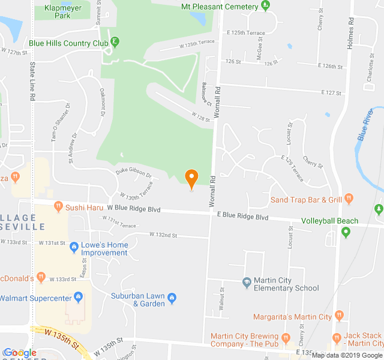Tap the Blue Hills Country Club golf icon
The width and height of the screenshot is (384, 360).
pyautogui.click(x=116, y=43)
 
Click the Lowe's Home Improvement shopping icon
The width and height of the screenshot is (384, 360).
pyautogui.click(x=74, y=246)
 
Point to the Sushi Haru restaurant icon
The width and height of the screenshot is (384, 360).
pyautogui.click(x=58, y=206)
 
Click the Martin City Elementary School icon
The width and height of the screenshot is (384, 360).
pyautogui.click(x=246, y=282)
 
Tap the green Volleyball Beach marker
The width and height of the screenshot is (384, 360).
pyautogui.click(x=346, y=232)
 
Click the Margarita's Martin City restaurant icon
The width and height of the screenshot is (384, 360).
pyautogui.click(x=339, y=316)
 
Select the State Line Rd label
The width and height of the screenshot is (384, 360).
pyautogui.click(x=32, y=80)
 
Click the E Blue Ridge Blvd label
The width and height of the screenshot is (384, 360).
pyautogui.click(x=242, y=215)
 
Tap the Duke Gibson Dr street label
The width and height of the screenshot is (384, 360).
pyautogui.click(x=134, y=173)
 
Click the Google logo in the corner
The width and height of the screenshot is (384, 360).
pyautogui.click(x=20, y=353)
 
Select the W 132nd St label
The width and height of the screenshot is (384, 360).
pyautogui.click(x=163, y=235)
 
